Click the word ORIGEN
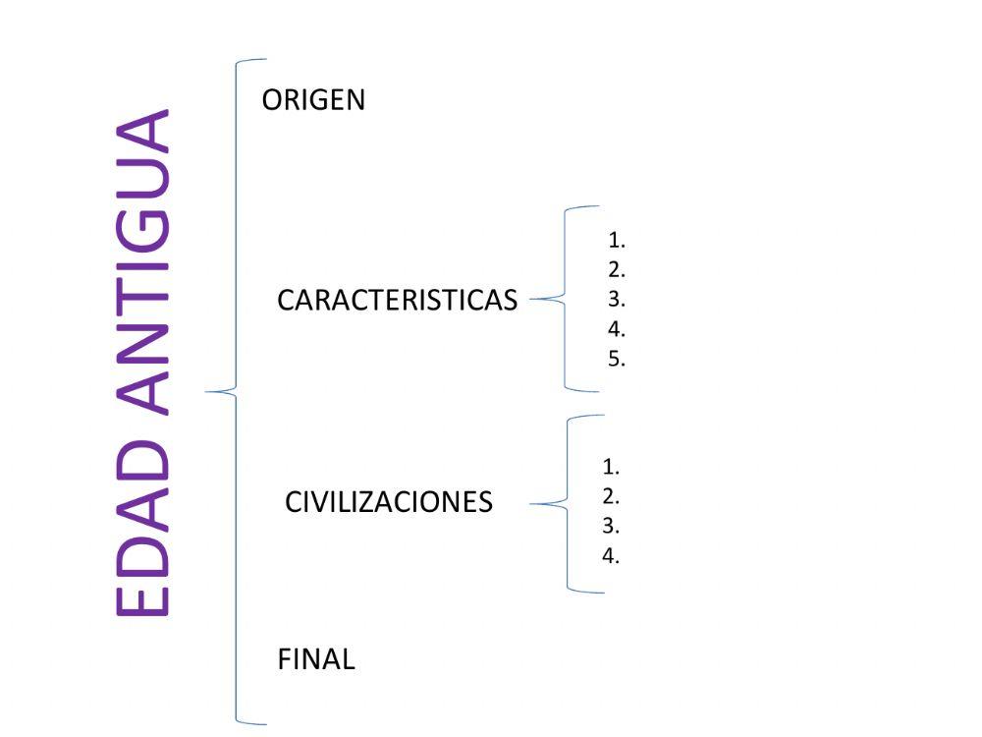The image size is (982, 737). (313, 100)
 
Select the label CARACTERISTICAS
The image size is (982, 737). (397, 301)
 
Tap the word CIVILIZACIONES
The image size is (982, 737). (389, 502)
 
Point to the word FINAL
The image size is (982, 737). (316, 659)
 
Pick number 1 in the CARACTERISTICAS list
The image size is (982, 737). (617, 240)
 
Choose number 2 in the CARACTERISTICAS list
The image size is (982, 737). (617, 269)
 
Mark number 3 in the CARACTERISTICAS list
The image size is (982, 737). (617, 299)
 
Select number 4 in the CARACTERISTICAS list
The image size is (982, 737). (617, 329)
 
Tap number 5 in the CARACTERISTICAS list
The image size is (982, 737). (617, 359)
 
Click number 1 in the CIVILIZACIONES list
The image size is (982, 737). (611, 467)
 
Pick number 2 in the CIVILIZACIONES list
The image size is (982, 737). (611, 496)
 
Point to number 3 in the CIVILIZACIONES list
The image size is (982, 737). (611, 526)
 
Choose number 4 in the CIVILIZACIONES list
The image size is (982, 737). (611, 555)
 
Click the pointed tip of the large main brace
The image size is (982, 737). (208, 392)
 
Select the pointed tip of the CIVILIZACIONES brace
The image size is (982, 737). (532, 504)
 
